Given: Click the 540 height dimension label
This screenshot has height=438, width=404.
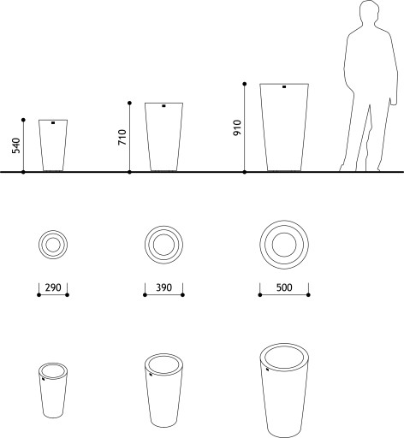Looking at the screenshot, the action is pos(16,145).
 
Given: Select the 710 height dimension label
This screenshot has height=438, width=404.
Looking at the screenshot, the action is pos(122,137).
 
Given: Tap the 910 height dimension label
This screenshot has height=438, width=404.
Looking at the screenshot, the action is pos(237,127).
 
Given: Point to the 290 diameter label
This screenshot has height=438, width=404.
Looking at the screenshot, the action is pos(53,287).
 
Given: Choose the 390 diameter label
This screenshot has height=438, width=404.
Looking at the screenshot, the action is pos(163,287).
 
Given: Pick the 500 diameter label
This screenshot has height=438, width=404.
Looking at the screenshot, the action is pos(284,287).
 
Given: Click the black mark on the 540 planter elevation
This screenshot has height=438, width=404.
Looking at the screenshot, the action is pos(53,123).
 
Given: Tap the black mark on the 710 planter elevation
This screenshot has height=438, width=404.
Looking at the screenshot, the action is pos(163,106).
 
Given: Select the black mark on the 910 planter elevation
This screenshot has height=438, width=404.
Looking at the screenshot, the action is pos(284,86).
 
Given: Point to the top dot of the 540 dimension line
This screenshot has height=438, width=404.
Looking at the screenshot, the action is pos(23,120).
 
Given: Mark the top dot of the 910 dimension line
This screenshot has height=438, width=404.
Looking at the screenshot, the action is pos(245,84).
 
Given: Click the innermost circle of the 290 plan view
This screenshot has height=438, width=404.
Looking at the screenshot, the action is pos(53,238).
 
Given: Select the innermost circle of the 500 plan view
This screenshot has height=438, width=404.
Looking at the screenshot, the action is pos(284,233).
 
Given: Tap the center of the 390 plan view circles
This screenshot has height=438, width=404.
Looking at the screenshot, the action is pos(163,245).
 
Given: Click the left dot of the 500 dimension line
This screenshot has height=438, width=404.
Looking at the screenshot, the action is pos(260,294).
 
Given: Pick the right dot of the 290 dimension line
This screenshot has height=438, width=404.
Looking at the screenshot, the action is pos(68,294).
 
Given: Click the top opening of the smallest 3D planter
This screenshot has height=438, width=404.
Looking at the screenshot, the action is pos(53,365).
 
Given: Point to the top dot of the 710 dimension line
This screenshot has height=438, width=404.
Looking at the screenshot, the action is pos(129,103).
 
